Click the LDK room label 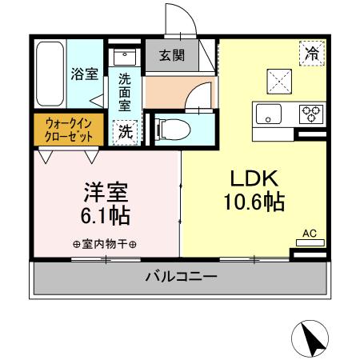pyautogui.click(x=254, y=178)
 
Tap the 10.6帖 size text pyautogui.click(x=254, y=202)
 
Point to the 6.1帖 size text pyautogui.click(x=106, y=216)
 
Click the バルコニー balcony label pyautogui.click(x=180, y=278)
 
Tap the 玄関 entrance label pyautogui.click(x=170, y=56)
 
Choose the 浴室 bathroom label pyautogui.click(x=85, y=74)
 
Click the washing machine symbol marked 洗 pyautogui.click(x=126, y=131)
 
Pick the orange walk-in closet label pyautogui.click(x=67, y=129)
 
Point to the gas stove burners pyautogui.click(x=310, y=113)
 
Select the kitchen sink pyautogui.click(x=266, y=114)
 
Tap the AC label pyautogui.click(x=310, y=234)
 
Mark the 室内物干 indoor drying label pyautogui.click(x=105, y=245)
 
